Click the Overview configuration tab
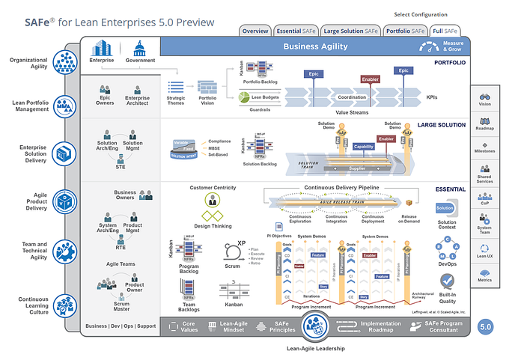point(256,31)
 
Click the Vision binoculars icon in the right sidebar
point(484,97)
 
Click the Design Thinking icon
point(213,200)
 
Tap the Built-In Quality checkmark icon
point(447,281)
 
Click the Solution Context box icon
point(445,208)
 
